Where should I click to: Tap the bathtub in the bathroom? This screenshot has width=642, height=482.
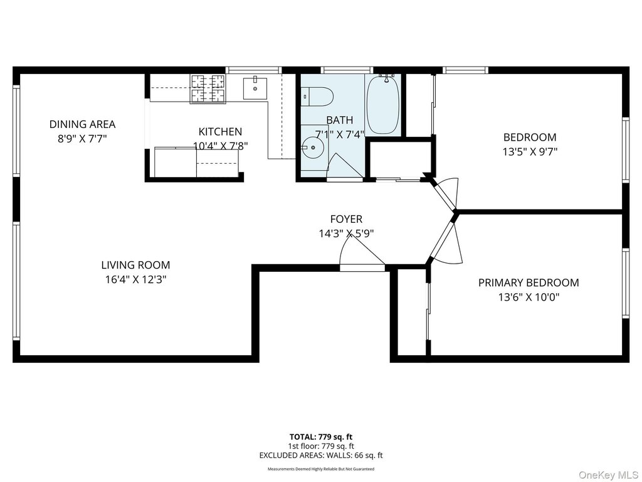[383, 104]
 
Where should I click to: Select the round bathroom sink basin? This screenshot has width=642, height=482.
[313, 147]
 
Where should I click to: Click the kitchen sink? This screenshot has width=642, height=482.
[255, 88]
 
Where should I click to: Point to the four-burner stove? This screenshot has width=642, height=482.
[208, 88]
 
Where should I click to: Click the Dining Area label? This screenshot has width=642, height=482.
[82, 124]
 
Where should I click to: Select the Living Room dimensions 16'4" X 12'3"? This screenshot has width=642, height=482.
[135, 279]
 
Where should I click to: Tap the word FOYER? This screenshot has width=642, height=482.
[346, 219]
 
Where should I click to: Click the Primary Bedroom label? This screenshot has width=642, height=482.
[529, 282]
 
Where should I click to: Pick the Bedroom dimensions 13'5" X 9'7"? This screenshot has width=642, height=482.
[530, 152]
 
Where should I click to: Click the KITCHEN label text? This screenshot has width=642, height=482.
[220, 132]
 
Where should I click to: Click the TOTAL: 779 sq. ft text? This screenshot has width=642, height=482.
[321, 437]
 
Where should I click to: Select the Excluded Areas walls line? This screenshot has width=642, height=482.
[321, 455]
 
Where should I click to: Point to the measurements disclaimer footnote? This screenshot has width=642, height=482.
[321, 469]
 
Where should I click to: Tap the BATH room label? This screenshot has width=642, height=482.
[339, 120]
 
